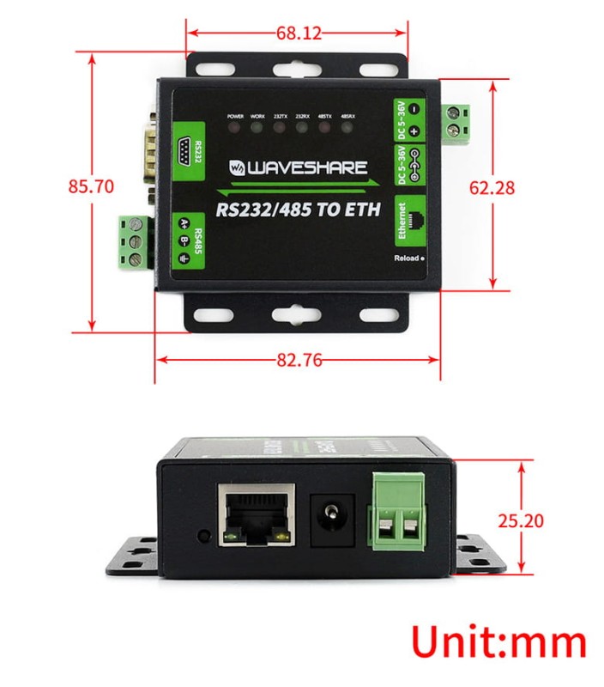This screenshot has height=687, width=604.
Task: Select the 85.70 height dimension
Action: click(x=92, y=187)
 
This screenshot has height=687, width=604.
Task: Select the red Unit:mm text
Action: click(x=498, y=642)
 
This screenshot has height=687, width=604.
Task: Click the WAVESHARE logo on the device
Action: click(x=299, y=167)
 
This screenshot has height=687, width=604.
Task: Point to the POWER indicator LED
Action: click(x=235, y=128)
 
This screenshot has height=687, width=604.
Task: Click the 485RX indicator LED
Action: click(x=347, y=128)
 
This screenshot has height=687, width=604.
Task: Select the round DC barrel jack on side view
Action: click(x=330, y=519)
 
